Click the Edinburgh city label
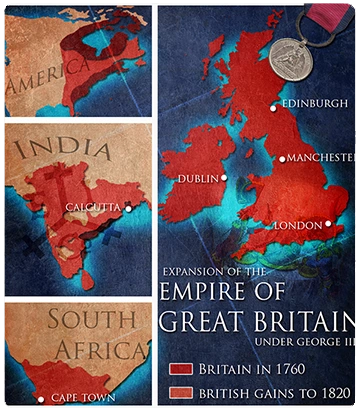click(315, 103)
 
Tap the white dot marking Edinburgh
click(273, 107)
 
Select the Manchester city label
click(323, 158)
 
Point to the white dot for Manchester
click(282, 159)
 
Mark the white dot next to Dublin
click(224, 178)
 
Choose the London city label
click(298, 226)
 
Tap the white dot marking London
click(328, 224)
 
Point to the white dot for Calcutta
click(128, 208)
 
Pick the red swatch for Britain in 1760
click(181, 369)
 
